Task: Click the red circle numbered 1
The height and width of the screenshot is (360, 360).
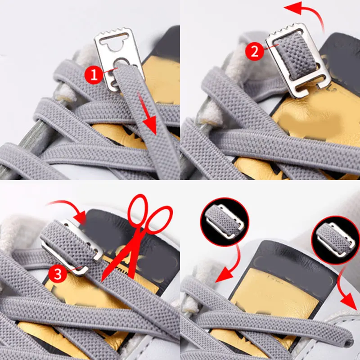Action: (x=94, y=75)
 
